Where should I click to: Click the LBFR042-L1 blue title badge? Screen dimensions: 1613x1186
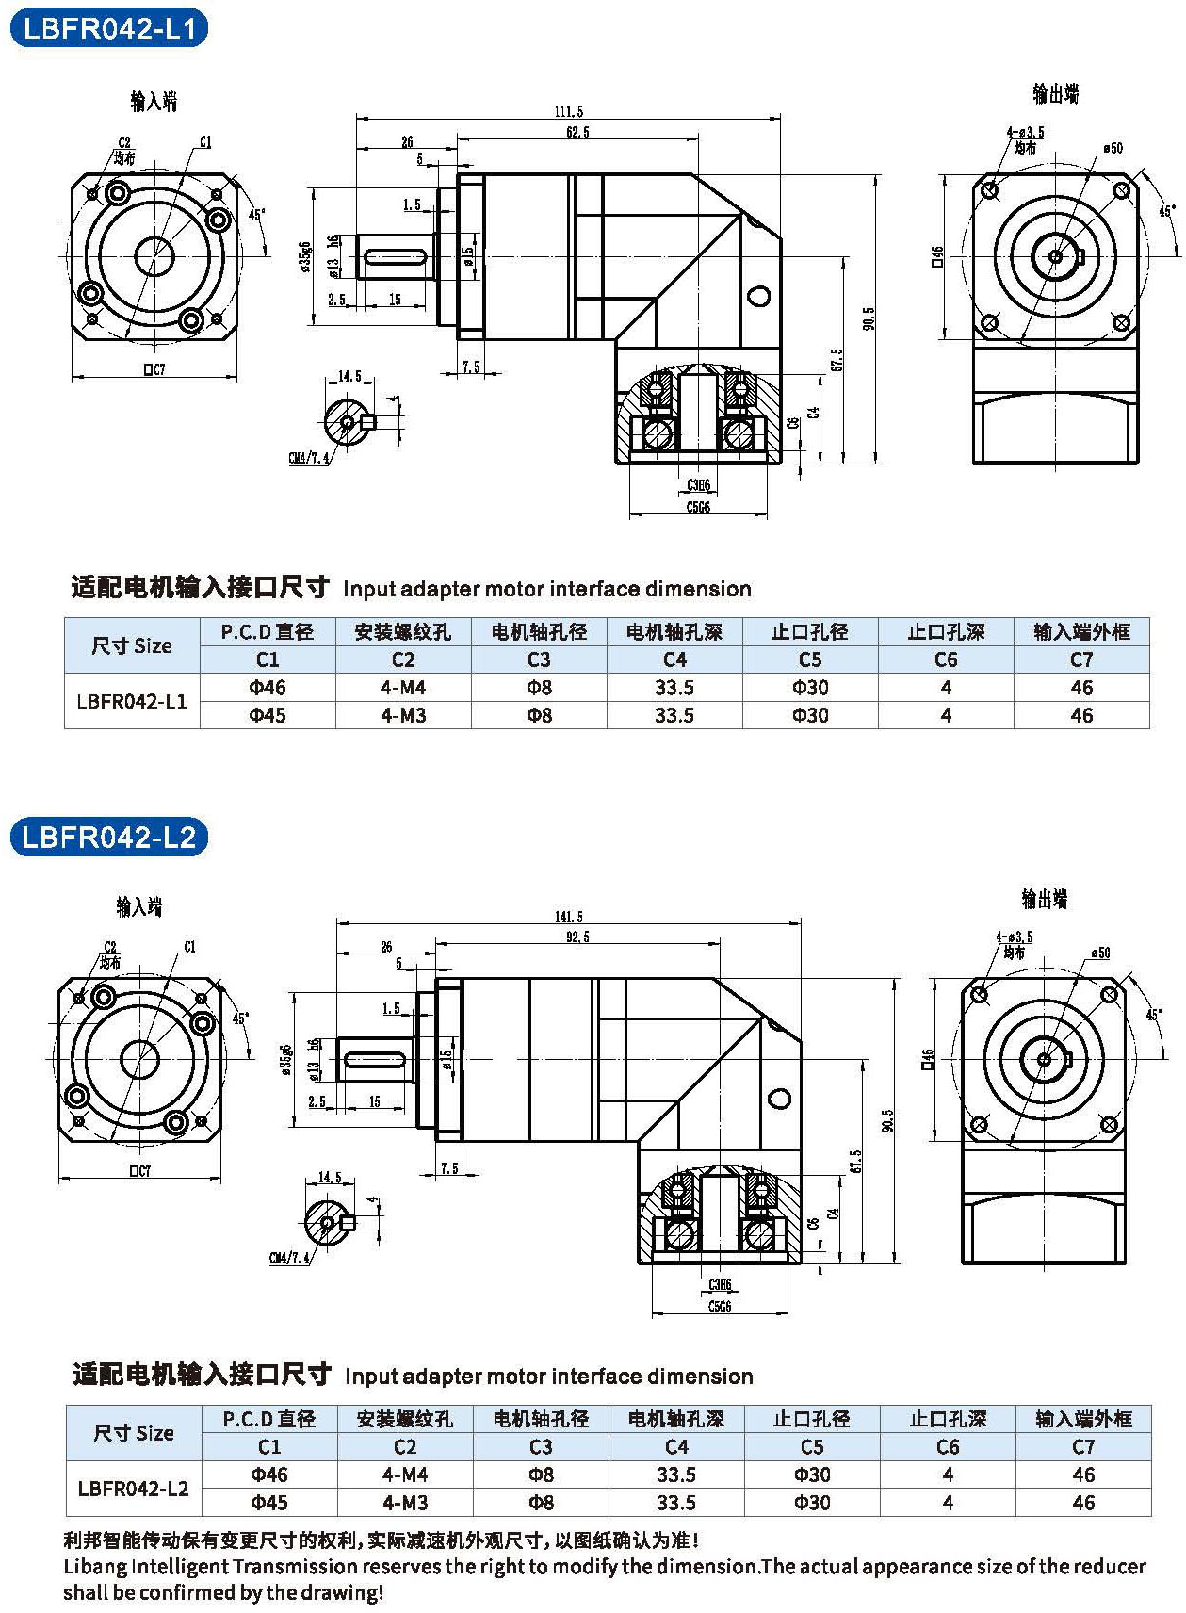[108, 28]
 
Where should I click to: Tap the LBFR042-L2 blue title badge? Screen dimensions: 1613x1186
[108, 837]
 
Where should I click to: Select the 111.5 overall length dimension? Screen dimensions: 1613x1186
[568, 111]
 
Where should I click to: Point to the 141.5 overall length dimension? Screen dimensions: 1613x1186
[568, 916]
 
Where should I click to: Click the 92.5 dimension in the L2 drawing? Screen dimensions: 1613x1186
[577, 937]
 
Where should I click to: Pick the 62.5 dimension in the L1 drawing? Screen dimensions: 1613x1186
[577, 132]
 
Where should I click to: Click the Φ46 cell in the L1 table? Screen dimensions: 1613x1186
[268, 688]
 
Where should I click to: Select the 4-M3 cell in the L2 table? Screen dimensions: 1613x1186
[405, 1502]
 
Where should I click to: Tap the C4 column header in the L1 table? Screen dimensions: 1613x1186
[674, 660]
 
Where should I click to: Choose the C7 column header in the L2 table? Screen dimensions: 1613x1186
[1083, 1446]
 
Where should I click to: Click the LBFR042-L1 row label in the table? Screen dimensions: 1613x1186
[132, 701]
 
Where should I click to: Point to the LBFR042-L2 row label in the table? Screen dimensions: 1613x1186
[134, 1489]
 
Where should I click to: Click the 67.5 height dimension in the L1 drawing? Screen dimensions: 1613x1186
[837, 359]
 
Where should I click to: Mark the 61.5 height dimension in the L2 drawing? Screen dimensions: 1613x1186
[855, 1160]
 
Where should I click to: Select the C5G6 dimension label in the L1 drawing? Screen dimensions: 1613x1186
[698, 507]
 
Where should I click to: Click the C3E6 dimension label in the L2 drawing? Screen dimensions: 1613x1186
[720, 1285]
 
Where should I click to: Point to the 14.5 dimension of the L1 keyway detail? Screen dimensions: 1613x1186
[349, 376]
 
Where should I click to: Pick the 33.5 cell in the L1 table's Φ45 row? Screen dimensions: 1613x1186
[674, 715]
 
